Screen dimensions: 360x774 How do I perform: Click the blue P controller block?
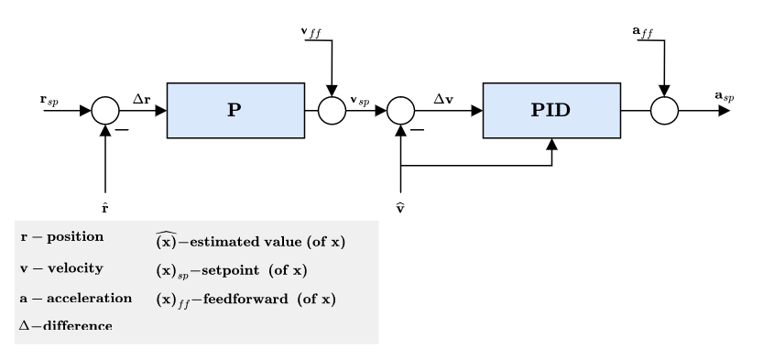click(x=234, y=110)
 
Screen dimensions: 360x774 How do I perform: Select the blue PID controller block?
click(x=552, y=110)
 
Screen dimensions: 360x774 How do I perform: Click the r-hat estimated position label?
click(x=107, y=210)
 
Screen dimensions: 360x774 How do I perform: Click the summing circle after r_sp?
click(x=107, y=111)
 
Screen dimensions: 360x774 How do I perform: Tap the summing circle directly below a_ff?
click(x=663, y=111)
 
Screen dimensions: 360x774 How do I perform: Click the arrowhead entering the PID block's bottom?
click(x=552, y=144)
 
